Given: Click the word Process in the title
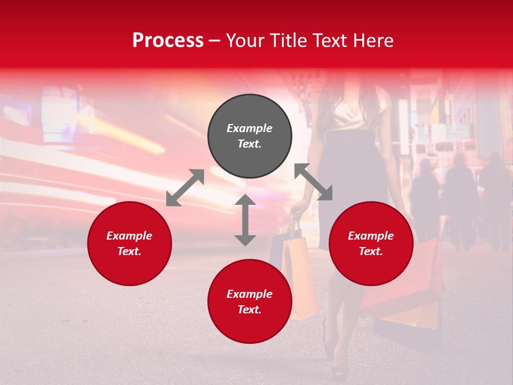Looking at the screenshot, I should (x=168, y=41).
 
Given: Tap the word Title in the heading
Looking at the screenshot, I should (x=286, y=41).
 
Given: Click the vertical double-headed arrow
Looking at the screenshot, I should (x=245, y=220).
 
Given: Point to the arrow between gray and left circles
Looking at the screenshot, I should (x=185, y=188).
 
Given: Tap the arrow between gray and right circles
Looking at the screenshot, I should (x=314, y=182).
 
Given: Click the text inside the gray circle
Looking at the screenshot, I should (x=250, y=136).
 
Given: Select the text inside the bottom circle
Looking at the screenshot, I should (x=250, y=302).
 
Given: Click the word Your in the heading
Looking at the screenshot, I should (x=245, y=41).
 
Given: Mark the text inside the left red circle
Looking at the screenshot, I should (x=129, y=243).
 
